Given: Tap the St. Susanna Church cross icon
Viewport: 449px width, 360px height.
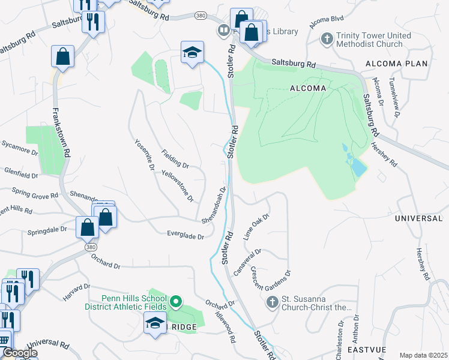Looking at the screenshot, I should (271, 301).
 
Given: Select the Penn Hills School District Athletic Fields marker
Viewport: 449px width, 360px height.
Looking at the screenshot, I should (176, 301).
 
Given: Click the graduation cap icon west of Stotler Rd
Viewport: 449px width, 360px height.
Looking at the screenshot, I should (193, 53).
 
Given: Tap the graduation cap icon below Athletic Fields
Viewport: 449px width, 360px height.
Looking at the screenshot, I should (155, 324).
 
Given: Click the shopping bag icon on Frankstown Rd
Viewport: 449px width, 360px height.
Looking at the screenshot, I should (62, 57).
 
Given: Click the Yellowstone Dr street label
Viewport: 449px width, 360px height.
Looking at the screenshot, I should (178, 185).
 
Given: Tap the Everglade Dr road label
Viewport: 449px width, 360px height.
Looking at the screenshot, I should (186, 236).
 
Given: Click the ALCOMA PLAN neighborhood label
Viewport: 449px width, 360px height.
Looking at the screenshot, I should (396, 64).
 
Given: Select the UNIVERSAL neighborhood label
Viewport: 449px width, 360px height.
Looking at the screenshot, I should (418, 218).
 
